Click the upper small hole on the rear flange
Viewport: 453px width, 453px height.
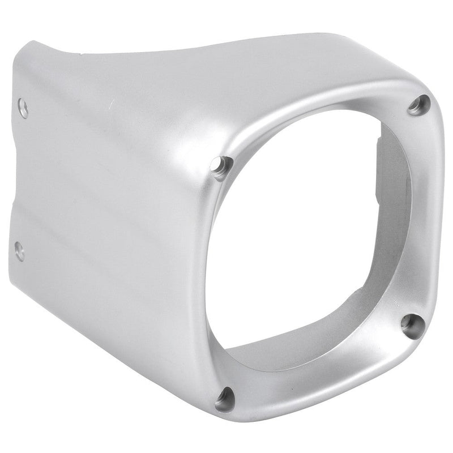pyautogui.click(x=23, y=107)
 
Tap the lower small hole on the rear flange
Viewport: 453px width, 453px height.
pyautogui.click(x=19, y=251)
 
